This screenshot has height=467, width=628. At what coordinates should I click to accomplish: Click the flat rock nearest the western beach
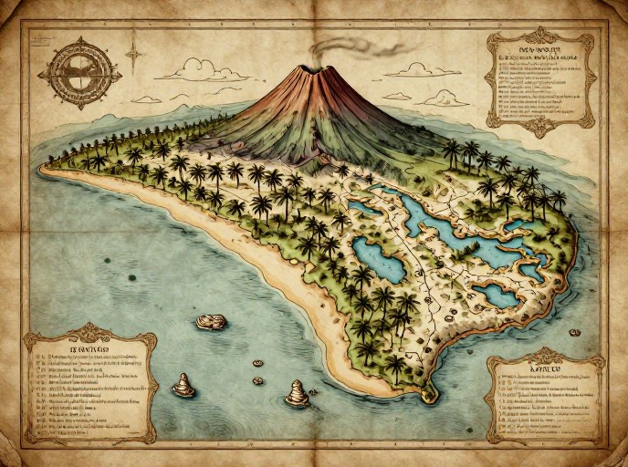tap(210, 321)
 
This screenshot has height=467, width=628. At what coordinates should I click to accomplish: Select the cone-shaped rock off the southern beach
tap(297, 393)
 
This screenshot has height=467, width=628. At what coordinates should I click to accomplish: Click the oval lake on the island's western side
tap(379, 259)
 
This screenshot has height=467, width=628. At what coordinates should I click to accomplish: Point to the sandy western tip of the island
tap(46, 168)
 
